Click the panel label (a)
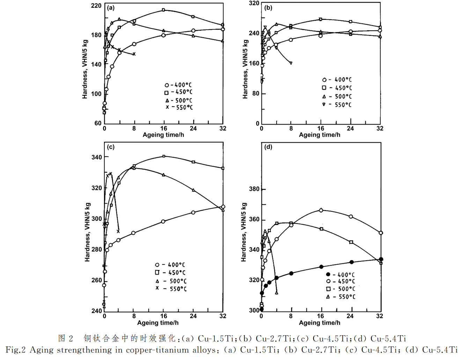[x=111, y=8]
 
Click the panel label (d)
[x=268, y=147]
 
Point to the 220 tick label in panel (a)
[x=96, y=6]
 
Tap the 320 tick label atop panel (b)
[x=254, y=3]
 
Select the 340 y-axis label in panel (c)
[x=97, y=157]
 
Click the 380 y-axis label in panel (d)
[x=254, y=189]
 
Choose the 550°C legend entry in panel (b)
[x=337, y=105]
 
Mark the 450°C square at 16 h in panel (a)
[x=163, y=10]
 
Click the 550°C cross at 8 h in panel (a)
[x=134, y=54]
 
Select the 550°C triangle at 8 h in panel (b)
[x=291, y=63]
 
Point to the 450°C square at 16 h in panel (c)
[x=164, y=156]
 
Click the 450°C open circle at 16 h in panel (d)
[x=321, y=210]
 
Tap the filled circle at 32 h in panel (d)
[x=381, y=259]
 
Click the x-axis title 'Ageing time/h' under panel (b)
[x=319, y=135]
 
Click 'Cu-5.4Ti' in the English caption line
[x=440, y=350]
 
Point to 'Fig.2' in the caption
[x=15, y=350]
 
